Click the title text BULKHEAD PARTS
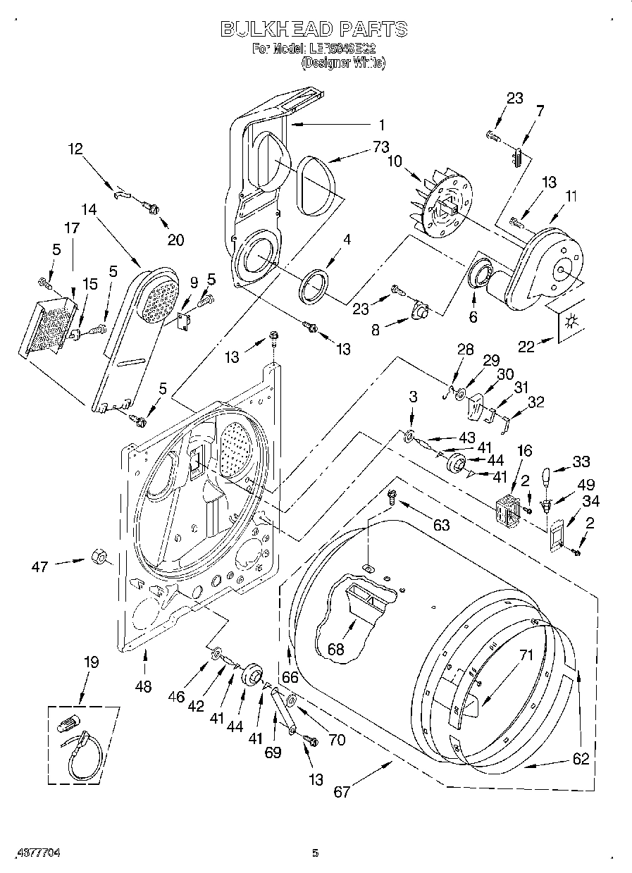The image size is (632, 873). click(314, 29)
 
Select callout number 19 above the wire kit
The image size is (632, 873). click(91, 663)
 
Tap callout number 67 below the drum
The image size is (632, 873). click(341, 791)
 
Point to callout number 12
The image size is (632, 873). click(75, 149)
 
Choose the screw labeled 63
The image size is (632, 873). click(394, 499)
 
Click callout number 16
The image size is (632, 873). click(524, 451)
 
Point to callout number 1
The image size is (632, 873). click(381, 125)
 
